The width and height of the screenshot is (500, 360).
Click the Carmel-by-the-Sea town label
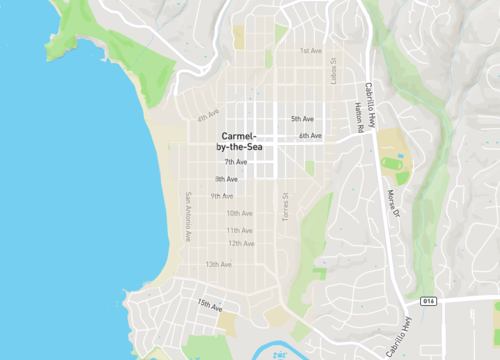(239, 141)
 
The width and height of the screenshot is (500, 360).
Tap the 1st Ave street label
(311, 50)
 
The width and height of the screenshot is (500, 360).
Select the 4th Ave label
(208, 115)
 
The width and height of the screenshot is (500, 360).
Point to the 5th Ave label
(303, 119)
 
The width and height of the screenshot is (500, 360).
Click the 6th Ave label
(310, 136)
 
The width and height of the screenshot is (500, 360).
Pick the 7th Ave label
(235, 162)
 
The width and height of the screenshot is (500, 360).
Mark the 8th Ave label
(226, 179)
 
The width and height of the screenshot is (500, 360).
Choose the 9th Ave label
(222, 196)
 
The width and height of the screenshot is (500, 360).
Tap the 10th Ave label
(239, 213)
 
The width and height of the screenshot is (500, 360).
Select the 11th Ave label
(239, 230)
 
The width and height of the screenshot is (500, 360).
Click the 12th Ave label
(241, 243)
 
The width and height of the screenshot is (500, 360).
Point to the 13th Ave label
(219, 264)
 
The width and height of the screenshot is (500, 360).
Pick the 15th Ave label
(209, 305)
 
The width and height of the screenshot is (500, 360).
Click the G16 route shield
(429, 300)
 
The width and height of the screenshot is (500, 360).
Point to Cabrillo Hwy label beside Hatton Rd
(370, 100)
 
